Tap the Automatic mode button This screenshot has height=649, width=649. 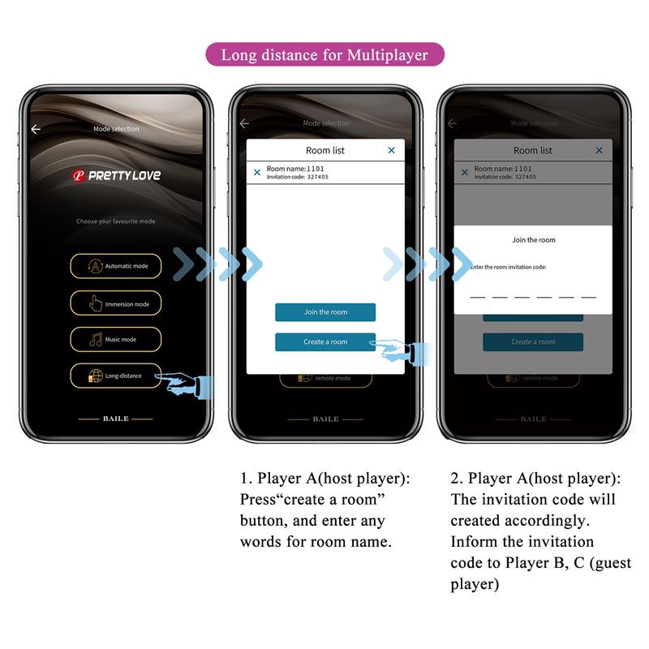(x=115, y=266)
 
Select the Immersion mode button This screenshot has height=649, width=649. (x=115, y=303)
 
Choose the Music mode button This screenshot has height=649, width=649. (x=115, y=339)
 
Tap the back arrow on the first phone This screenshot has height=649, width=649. (x=36, y=129)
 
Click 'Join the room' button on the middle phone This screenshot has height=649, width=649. (x=324, y=312)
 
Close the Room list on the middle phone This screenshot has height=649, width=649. (x=391, y=150)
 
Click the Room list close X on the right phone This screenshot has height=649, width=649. (x=599, y=150)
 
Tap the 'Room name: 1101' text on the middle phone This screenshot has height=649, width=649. (x=295, y=169)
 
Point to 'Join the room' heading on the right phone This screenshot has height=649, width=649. (x=533, y=240)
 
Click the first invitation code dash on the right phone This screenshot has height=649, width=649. (x=478, y=297)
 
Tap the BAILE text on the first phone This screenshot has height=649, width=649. (x=115, y=419)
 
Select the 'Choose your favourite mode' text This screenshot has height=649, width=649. (x=115, y=221)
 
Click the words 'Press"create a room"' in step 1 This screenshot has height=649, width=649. (x=312, y=500)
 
